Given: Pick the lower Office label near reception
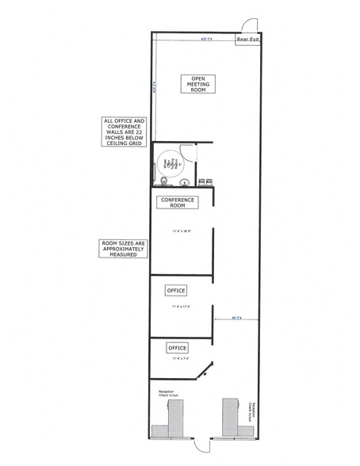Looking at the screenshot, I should point(177,348).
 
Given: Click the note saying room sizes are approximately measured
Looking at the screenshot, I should point(122,249).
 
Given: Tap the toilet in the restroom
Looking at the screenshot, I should point(163,181).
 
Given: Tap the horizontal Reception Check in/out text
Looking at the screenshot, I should point(167,393).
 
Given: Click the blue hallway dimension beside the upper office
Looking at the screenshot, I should point(236,319).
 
